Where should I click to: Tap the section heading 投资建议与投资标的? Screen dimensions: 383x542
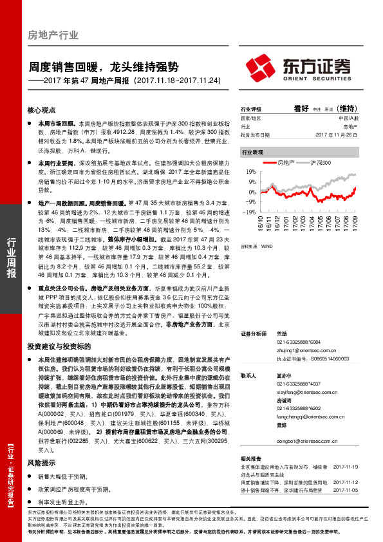57,346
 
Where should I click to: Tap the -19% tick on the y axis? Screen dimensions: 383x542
248,211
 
